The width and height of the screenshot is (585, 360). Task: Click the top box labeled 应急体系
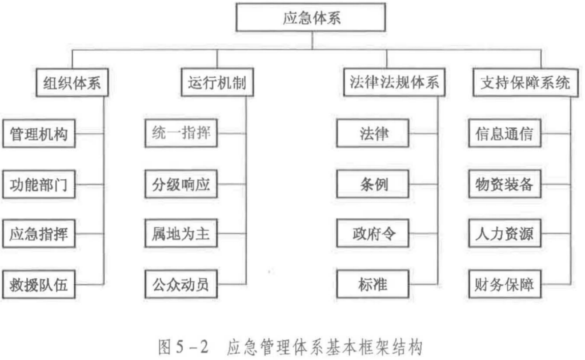(x=311, y=17)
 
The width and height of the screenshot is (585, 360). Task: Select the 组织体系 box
(x=72, y=82)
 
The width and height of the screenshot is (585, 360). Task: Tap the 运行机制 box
(x=217, y=82)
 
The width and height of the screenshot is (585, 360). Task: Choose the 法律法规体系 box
(x=394, y=82)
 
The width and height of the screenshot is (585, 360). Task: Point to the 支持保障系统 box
(x=526, y=82)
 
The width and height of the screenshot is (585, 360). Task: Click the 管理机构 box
(x=39, y=134)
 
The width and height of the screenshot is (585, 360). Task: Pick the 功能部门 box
(x=39, y=185)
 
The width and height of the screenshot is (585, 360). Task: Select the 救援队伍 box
(x=39, y=285)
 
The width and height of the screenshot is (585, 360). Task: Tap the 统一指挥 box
(x=181, y=133)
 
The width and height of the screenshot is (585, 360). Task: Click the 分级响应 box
(x=181, y=184)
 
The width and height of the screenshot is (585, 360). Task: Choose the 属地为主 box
(x=181, y=234)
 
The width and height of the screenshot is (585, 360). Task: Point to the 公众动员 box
(x=181, y=284)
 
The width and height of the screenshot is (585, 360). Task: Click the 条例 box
(x=372, y=184)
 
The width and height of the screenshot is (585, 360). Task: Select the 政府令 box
(x=372, y=234)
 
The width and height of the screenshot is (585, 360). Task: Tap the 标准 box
(x=372, y=284)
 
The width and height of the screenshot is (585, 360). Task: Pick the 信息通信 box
(x=505, y=133)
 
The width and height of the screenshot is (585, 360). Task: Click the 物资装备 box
(x=505, y=184)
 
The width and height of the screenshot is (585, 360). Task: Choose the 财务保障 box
(x=505, y=284)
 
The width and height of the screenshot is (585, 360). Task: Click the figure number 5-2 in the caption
(x=192, y=346)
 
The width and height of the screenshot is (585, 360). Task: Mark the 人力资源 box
(x=505, y=234)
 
